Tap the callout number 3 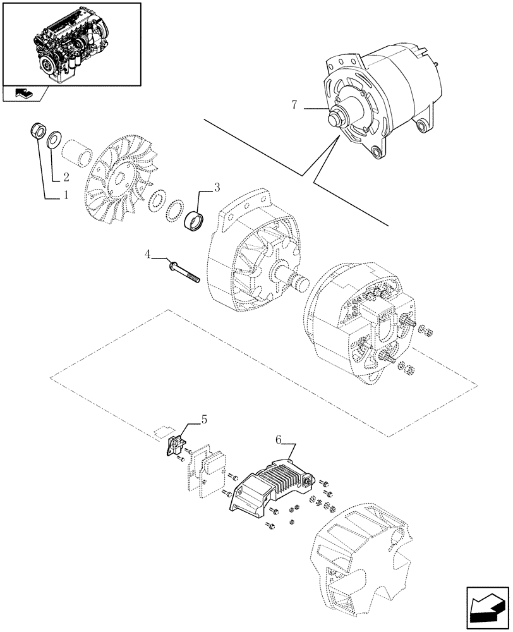click(217, 187)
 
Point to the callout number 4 click(148, 255)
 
